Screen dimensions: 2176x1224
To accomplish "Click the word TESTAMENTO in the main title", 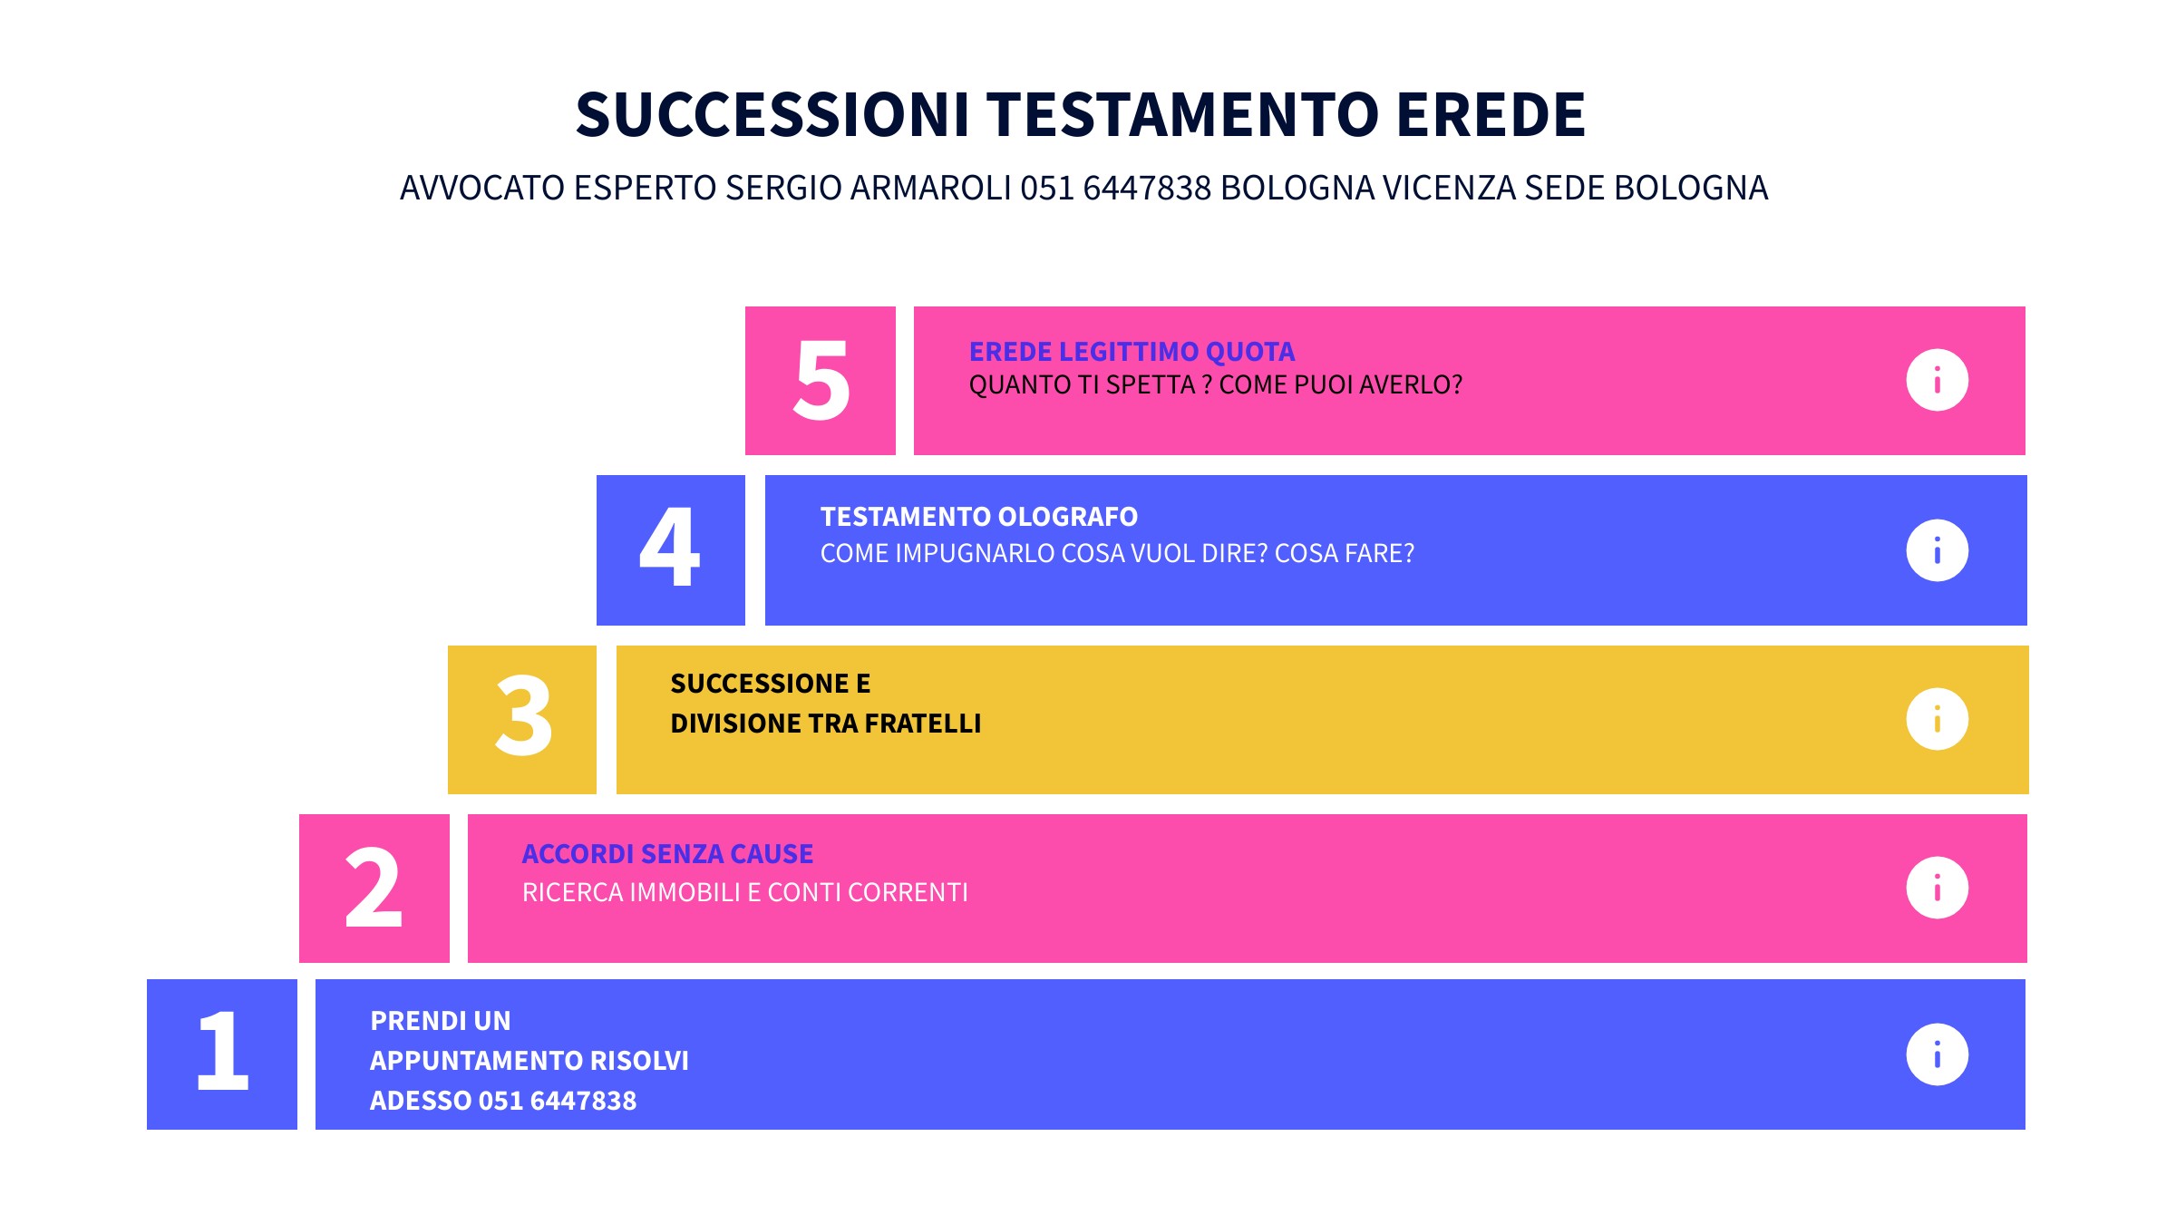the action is pos(1183,115).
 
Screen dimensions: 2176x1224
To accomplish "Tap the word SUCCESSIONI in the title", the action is pos(772,115).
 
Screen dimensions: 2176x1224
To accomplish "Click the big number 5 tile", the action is pos(821,381).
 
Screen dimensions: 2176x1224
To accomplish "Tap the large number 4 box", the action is pos(671,550).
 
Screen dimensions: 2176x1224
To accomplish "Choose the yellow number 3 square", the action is pos(522,720).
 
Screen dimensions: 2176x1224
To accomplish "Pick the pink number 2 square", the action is pos(374,889).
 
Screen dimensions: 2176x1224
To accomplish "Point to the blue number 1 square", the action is pos(222,1054).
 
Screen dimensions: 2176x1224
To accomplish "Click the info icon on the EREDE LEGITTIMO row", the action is pos(1938,380).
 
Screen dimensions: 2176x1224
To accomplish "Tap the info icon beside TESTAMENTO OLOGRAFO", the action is pos(1938,550).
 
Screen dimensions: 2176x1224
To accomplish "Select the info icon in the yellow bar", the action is pos(1938,720).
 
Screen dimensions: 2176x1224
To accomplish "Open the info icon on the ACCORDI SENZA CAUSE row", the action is pos(1938,888).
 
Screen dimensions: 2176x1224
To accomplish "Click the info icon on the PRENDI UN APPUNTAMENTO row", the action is pos(1938,1054).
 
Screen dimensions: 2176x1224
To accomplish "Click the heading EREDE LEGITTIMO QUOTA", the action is pos(1132,352).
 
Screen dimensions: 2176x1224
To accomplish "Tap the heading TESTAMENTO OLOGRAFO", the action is pos(979,517).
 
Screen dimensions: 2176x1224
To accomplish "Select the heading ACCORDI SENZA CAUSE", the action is pos(667,854).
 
